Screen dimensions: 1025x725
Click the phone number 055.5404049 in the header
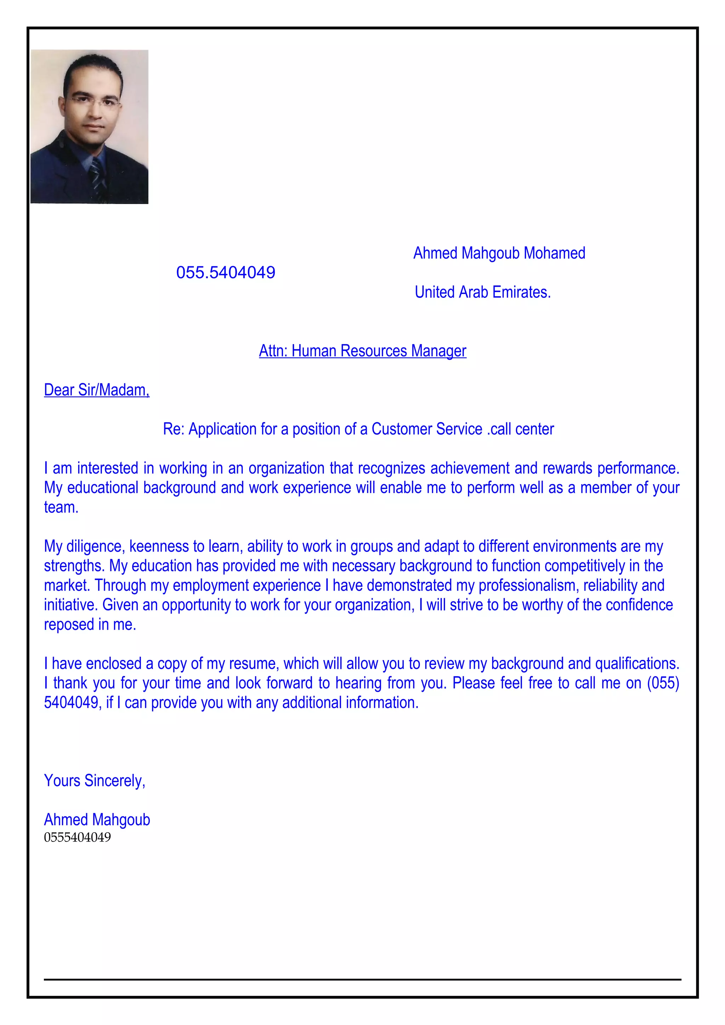pos(226,272)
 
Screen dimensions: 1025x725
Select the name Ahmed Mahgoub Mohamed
pos(499,253)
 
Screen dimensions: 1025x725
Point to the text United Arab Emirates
pos(483,292)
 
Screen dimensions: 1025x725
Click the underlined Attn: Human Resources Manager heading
pos(362,351)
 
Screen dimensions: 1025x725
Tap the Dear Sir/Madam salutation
pos(97,390)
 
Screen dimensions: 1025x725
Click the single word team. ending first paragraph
pos(61,507)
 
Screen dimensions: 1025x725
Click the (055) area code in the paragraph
pos(663,683)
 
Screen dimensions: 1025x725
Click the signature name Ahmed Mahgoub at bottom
pos(97,820)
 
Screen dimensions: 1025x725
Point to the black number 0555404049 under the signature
pos(77,837)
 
